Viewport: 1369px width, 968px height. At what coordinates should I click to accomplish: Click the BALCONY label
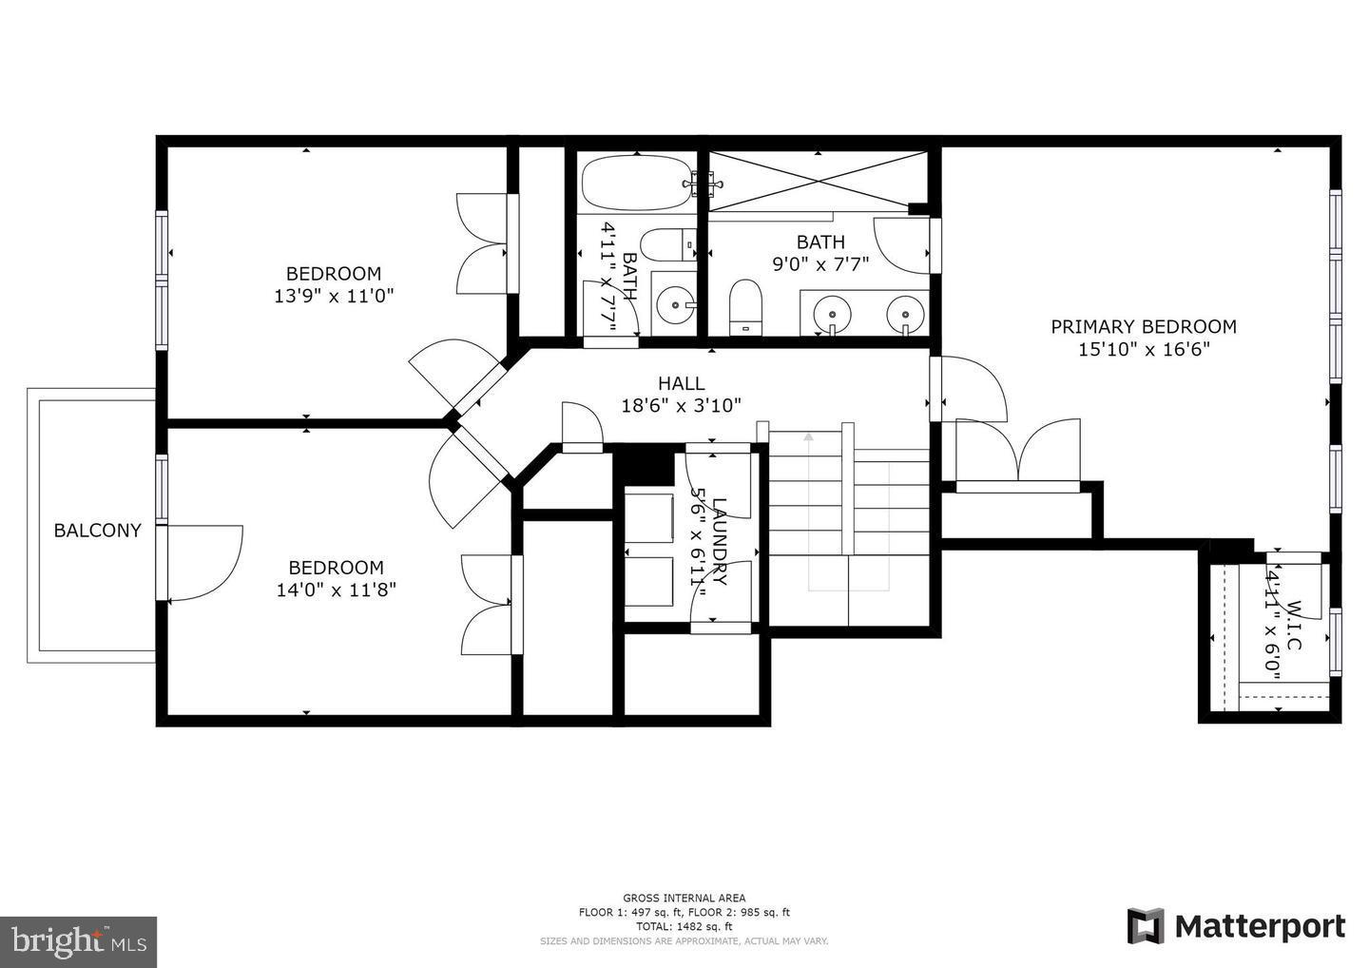point(97,531)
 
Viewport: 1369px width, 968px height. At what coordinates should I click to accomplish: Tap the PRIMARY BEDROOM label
point(1143,326)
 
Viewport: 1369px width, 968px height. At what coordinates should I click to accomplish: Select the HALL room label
point(681,383)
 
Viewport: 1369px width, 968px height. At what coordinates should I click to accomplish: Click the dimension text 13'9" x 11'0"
point(334,296)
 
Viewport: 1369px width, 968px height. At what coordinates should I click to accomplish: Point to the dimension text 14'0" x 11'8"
point(336,590)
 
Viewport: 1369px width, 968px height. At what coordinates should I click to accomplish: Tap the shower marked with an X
point(818,181)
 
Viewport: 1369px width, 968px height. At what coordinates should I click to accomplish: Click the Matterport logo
point(1236,926)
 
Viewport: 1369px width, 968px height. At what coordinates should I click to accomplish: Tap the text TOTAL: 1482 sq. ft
point(684,926)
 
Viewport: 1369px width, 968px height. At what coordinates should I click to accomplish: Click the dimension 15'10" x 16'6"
point(1143,350)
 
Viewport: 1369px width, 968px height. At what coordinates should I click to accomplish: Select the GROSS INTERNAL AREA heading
point(684,898)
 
